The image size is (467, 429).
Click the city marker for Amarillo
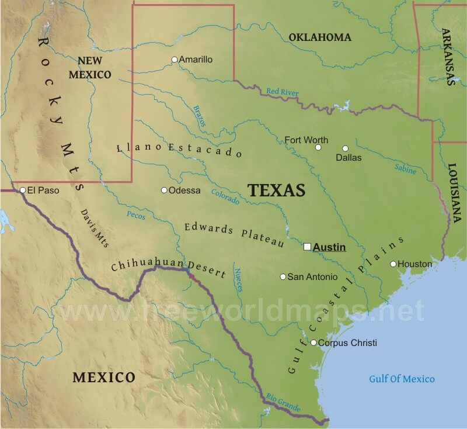click(174, 60)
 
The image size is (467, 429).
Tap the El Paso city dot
click(22, 190)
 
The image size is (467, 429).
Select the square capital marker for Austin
click(308, 247)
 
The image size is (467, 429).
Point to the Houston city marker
click(393, 264)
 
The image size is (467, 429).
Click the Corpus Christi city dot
click(313, 342)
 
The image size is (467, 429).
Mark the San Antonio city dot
click(283, 276)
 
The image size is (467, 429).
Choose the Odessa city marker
click(164, 190)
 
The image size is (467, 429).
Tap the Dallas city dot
click(345, 148)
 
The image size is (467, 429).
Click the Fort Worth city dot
click(318, 147)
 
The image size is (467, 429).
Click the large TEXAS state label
click(277, 190)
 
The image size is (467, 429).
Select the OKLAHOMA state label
click(320, 37)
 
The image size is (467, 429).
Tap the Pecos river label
click(135, 215)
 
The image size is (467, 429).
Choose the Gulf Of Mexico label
click(402, 379)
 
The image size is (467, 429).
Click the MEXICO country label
click(103, 377)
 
